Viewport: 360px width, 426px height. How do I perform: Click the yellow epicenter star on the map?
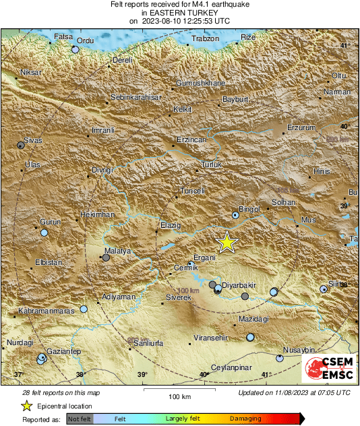227,242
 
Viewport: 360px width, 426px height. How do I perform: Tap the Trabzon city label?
206,39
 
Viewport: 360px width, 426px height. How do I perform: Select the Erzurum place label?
301,127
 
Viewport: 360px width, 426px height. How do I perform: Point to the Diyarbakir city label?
241,285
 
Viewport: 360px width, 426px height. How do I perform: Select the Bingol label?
249,210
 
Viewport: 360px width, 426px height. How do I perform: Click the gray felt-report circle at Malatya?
106,257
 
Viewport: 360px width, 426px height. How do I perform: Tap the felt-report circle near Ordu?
76,49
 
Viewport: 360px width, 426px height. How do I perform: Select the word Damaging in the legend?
245,419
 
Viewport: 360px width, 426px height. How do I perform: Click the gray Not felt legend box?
79,419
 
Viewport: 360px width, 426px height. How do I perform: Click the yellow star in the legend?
26,406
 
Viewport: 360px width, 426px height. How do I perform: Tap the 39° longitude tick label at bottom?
142,375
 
